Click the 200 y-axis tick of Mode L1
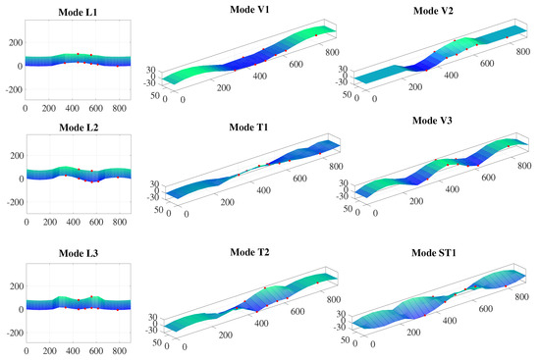(14, 44)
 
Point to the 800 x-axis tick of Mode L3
(118, 349)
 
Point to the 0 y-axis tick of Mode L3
(20, 310)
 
